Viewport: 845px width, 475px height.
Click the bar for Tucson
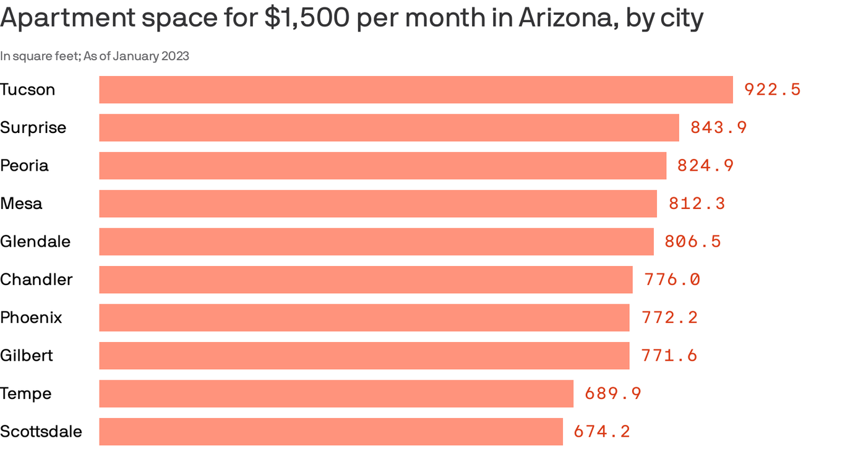coord(416,90)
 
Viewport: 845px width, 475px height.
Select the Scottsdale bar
coord(331,432)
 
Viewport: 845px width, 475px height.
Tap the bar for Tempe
coord(336,393)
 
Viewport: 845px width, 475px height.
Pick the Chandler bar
coord(366,280)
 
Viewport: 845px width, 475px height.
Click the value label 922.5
coord(772,90)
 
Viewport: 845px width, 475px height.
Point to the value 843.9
coord(718,127)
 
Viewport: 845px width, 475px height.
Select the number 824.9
coord(705,166)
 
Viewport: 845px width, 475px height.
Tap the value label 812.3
coord(697,203)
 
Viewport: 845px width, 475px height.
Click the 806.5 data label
coord(693,242)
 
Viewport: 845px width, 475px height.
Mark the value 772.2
coord(669,318)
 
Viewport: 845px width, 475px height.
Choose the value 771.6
coord(669,356)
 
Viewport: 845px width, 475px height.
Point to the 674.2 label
coord(602,432)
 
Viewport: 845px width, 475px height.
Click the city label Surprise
coord(33,127)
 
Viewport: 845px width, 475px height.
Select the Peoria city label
coord(24,166)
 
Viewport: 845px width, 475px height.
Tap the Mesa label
coord(21,203)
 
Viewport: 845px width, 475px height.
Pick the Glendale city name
coord(35,242)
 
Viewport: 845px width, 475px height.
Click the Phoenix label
coord(31,318)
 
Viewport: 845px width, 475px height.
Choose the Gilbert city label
coord(27,356)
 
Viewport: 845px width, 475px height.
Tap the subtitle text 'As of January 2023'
coord(136,56)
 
